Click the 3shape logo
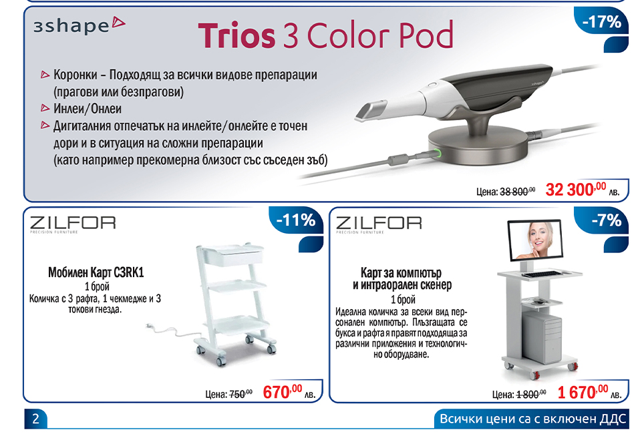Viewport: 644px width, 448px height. pos(79,25)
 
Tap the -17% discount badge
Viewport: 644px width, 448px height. pos(602,22)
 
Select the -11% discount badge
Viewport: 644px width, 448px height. pos(296,220)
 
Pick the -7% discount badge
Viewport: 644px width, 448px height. pos(606,220)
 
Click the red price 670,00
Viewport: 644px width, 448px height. pos(283,392)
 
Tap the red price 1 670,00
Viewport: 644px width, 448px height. pos(583,392)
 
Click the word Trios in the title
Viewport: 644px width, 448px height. pos(236,36)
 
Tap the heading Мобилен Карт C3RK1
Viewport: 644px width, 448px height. pos(96,272)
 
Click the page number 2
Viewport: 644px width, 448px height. pos(35,419)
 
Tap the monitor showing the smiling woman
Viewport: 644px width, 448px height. pos(535,240)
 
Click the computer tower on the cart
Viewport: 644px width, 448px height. pos(542,339)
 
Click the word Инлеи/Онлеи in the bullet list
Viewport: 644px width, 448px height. pos(88,109)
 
